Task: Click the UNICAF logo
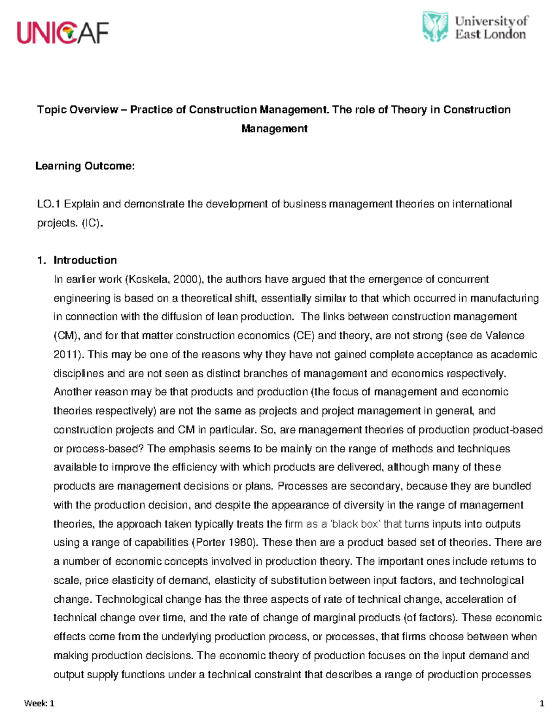pyautogui.click(x=63, y=32)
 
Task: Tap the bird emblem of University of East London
pyautogui.click(x=435, y=27)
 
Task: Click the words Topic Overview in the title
pyautogui.click(x=77, y=110)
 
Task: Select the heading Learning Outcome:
pyautogui.click(x=85, y=166)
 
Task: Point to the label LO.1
pyautogui.click(x=49, y=204)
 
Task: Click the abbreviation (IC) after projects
pyautogui.click(x=90, y=223)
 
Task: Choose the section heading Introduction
pyautogui.click(x=85, y=260)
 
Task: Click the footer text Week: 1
pyautogui.click(x=39, y=704)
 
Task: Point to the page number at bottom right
pyautogui.click(x=542, y=704)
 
